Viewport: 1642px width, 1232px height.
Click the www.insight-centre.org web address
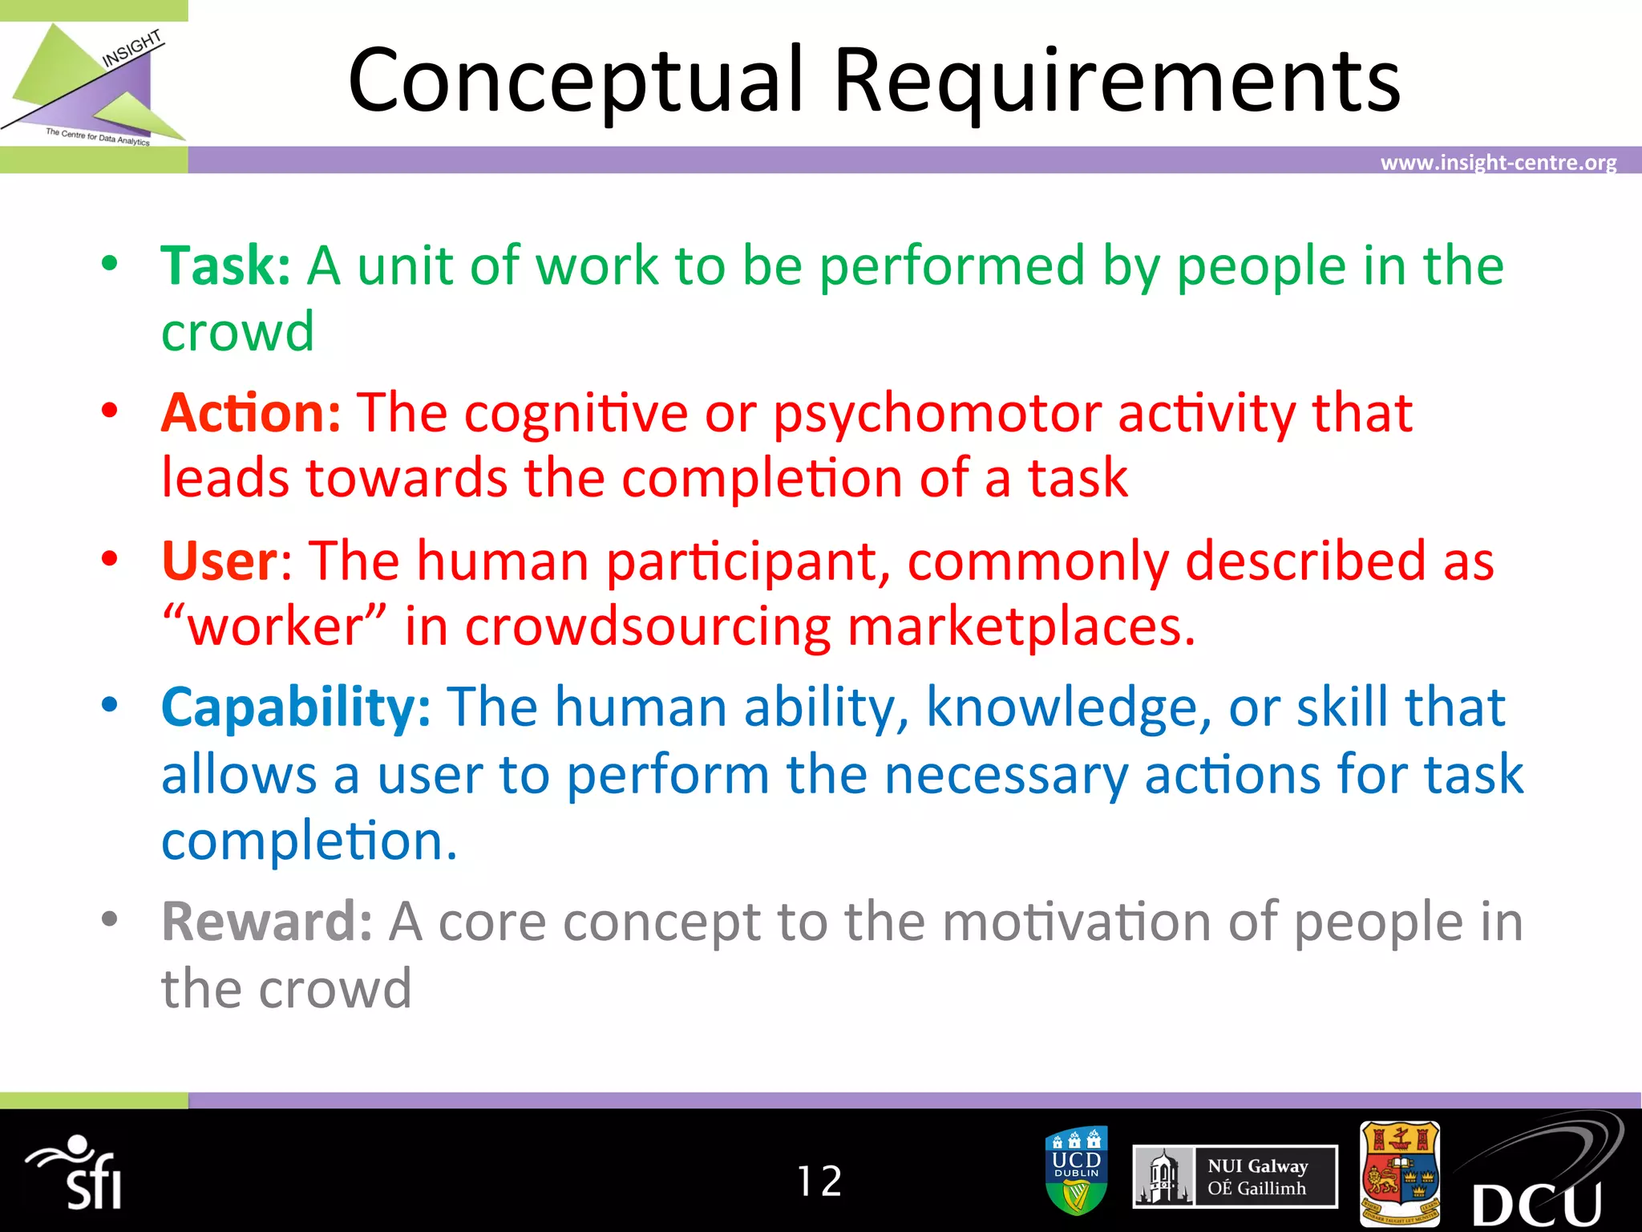(x=1498, y=163)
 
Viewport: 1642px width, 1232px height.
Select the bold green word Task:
(x=225, y=266)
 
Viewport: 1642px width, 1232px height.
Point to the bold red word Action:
(x=251, y=413)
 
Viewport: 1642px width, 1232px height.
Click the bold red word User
(x=219, y=561)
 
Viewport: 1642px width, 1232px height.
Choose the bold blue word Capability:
(x=296, y=708)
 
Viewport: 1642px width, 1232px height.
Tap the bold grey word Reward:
(x=266, y=922)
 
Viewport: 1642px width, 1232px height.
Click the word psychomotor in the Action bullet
(x=936, y=415)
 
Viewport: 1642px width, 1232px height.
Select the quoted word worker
(x=275, y=627)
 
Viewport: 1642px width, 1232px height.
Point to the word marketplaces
(x=1021, y=627)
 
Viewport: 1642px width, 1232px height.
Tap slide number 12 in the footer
(x=819, y=1181)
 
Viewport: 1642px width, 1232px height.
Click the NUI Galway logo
(x=1235, y=1177)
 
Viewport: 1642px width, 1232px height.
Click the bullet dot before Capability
(x=110, y=705)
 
